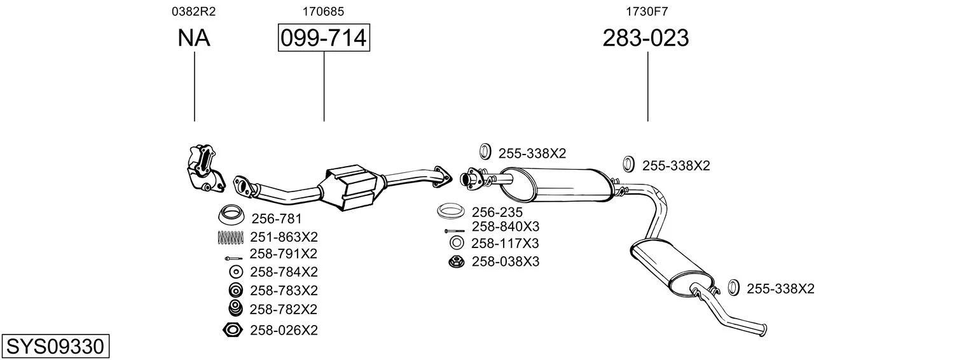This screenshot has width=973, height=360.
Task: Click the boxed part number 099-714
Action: (x=324, y=38)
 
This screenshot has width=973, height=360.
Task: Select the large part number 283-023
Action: (x=645, y=38)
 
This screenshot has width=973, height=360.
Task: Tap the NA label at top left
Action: (x=194, y=38)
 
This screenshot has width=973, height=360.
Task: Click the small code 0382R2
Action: (x=194, y=11)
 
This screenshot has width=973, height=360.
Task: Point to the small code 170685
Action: (x=323, y=11)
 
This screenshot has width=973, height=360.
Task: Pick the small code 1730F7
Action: (x=646, y=11)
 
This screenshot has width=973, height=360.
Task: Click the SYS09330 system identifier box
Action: (x=55, y=347)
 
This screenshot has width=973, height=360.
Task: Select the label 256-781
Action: (x=276, y=218)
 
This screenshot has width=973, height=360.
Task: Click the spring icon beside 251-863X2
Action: (x=230, y=237)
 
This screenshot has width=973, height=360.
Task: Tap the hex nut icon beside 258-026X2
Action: (x=232, y=330)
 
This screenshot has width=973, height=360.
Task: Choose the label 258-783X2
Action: (x=284, y=290)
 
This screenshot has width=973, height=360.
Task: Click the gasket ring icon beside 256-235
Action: (x=450, y=211)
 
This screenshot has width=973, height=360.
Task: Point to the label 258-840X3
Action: (x=506, y=226)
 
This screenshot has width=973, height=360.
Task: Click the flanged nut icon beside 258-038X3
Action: (x=456, y=262)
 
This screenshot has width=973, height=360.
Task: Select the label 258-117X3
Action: (x=505, y=243)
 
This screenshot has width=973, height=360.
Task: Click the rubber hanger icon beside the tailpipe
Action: (x=733, y=288)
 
